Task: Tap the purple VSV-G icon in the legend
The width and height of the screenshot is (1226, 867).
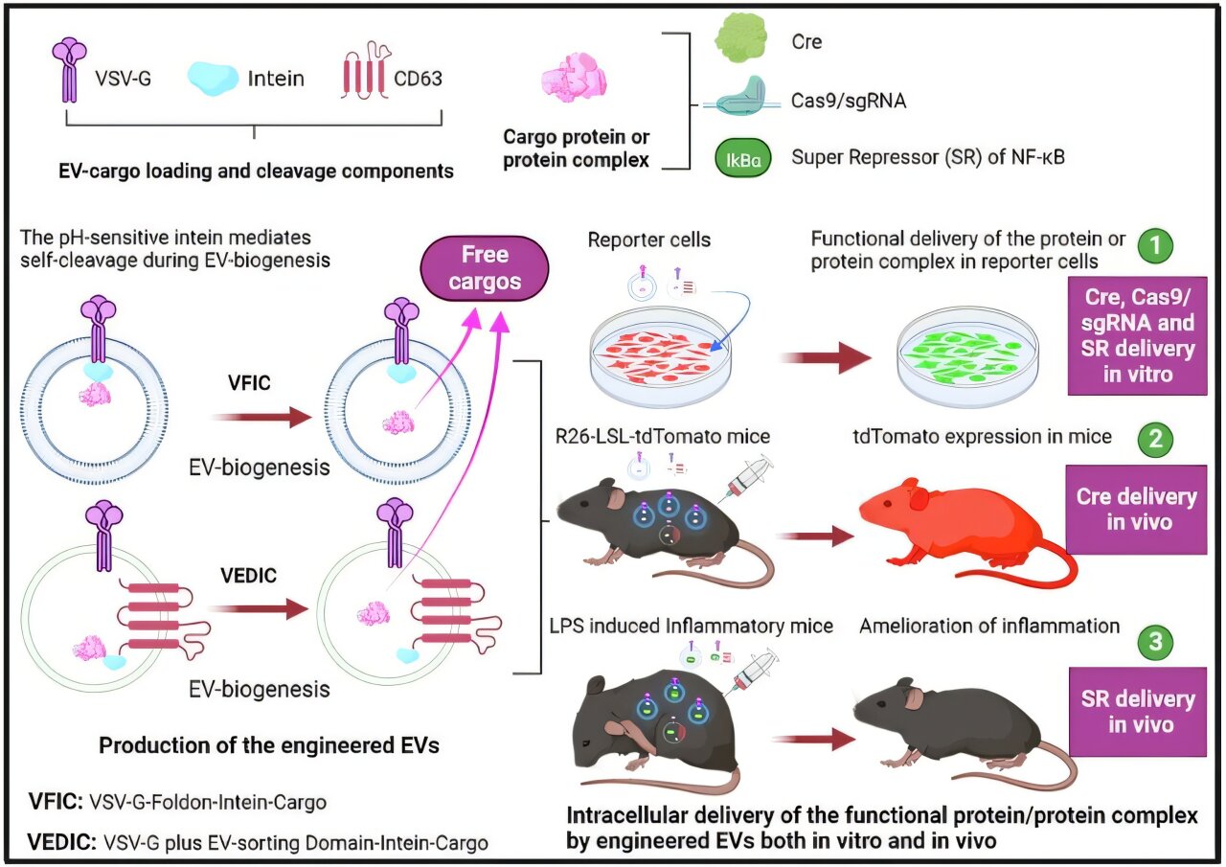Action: click(70, 69)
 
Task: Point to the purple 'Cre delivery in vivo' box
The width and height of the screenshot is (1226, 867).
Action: click(1135, 510)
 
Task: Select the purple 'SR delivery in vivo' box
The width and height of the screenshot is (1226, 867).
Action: click(1135, 711)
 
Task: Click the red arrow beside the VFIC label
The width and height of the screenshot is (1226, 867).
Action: click(260, 417)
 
